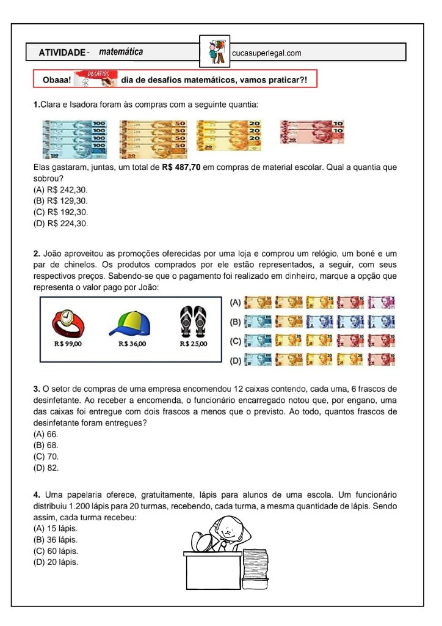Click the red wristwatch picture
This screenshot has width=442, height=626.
tap(68, 322)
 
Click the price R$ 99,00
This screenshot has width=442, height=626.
tap(68, 344)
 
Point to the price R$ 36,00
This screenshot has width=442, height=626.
tap(132, 344)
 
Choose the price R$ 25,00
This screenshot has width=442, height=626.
tap(194, 344)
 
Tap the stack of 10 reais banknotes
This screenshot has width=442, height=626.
tap(311, 131)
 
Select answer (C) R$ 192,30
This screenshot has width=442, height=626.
tap(60, 212)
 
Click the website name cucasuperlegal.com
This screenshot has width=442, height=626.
tap(267, 53)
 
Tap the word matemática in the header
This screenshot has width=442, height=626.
tap(121, 52)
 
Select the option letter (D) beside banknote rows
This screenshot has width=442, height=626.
tap(234, 361)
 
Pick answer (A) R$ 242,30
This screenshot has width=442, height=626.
tap(60, 190)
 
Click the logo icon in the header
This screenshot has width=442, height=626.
tap(216, 52)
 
